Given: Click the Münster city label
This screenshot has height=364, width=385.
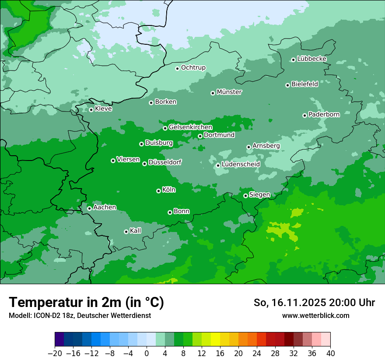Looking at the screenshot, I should coord(229,92).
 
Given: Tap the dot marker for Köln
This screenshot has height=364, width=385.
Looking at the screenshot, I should coord(158,191).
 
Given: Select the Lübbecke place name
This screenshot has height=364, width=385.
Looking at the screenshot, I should coord(311,59).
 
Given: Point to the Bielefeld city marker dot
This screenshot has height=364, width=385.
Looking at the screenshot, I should coord(287,85).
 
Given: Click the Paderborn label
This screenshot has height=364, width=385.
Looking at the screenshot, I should coord(324,114).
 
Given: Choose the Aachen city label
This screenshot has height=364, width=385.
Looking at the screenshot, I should coord(105,207).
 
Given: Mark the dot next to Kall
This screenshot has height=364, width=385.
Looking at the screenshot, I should coord(126,232).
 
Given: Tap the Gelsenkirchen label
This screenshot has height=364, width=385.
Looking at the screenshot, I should coord(190,127).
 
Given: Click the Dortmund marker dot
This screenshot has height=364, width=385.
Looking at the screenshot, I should coord(200,136).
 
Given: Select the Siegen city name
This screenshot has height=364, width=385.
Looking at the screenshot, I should coord(259,195).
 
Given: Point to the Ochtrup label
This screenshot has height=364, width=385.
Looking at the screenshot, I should coord(193,68).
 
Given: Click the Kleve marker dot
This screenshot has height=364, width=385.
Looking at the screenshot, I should coord(91,110).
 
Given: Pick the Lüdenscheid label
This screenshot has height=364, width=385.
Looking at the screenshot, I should coord(241,164).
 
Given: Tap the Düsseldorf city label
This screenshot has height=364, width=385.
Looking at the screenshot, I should coord(164,162).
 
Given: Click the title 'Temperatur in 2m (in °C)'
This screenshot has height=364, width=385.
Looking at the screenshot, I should coord(86,302).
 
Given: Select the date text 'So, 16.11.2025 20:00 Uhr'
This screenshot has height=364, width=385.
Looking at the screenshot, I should coord(314,303).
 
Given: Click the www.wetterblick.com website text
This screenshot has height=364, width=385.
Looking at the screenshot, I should coord(315,315).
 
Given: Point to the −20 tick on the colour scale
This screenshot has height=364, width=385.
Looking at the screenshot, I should coord(55,353).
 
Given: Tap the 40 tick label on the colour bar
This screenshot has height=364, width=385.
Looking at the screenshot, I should coord(330,353).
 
